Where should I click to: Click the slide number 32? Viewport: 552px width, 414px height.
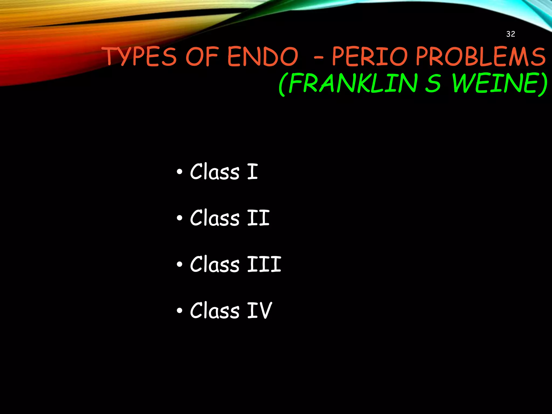pyautogui.click(x=510, y=34)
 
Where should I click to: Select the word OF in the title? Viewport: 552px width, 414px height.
pyautogui.click(x=202, y=57)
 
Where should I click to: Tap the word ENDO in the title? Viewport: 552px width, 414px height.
pyautogui.click(x=263, y=57)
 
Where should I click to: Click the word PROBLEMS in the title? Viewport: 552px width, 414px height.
pyautogui.click(x=481, y=57)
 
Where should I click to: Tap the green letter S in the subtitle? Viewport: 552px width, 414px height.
pyautogui.click(x=433, y=84)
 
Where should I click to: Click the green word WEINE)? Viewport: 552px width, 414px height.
pyautogui.click(x=500, y=84)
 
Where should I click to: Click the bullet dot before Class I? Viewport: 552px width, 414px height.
pyautogui.click(x=180, y=172)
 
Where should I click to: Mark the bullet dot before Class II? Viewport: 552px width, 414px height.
pyautogui.click(x=180, y=218)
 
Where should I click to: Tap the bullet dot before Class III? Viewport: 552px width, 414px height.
pyautogui.click(x=180, y=264)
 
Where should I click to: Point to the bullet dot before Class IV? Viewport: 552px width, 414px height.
pyautogui.click(x=180, y=310)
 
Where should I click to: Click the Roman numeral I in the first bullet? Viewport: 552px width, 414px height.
pyautogui.click(x=253, y=172)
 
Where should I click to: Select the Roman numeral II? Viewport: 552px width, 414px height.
pyautogui.click(x=258, y=218)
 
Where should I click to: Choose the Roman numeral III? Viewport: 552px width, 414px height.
pyautogui.click(x=264, y=264)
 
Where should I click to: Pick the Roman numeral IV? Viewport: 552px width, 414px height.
pyautogui.click(x=260, y=310)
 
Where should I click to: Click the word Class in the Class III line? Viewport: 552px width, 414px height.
pyautogui.click(x=215, y=264)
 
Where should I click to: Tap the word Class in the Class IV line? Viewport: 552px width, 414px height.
pyautogui.click(x=215, y=310)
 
